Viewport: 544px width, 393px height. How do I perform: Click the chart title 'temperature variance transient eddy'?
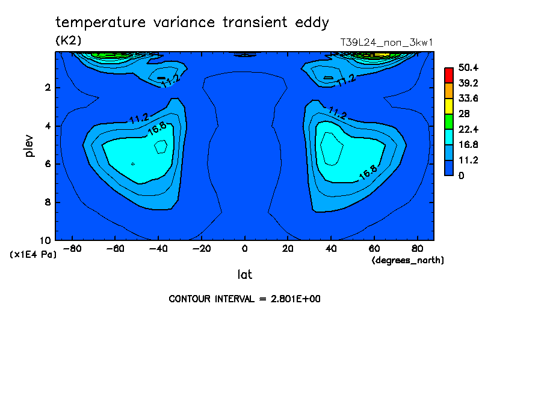192,23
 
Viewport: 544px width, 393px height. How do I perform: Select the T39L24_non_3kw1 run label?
386,42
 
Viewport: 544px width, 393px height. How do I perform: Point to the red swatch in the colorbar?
448,75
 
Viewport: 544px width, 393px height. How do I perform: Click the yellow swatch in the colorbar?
448,106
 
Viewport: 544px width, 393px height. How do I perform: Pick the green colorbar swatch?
448,121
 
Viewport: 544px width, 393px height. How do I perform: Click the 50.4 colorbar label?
468,67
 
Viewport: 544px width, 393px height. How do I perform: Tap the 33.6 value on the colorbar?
468,98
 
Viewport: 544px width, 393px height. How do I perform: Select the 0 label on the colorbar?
461,175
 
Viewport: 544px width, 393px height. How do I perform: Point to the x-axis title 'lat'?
244,275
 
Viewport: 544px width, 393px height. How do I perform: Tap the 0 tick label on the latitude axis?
244,249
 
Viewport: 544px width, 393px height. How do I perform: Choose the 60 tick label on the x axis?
374,249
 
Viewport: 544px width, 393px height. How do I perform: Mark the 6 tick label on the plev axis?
48,164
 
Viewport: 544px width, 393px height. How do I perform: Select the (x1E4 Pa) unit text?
33,255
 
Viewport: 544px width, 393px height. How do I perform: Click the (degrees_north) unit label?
408,260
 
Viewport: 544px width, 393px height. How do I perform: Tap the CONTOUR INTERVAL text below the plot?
244,299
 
